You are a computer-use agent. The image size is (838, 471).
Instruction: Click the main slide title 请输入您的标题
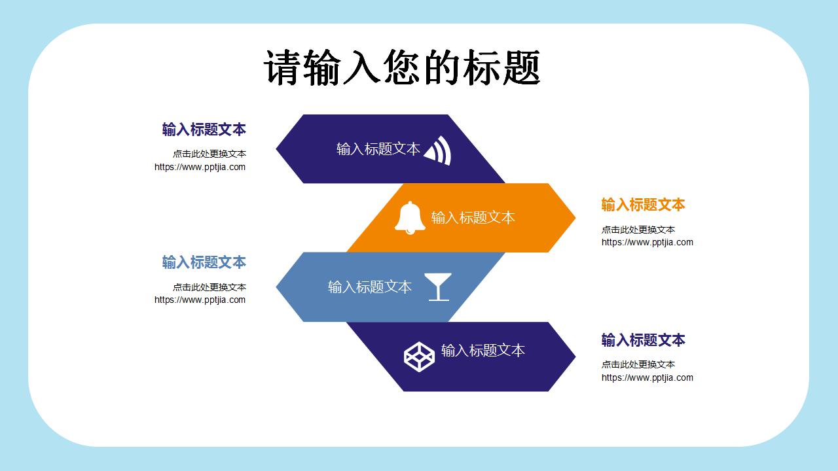pos(402,67)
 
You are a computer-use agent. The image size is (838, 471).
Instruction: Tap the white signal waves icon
pos(438,150)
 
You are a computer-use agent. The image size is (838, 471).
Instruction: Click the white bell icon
pos(410,217)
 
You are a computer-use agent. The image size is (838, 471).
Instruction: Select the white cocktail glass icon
pos(438,287)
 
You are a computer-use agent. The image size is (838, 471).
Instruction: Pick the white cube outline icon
pos(419,357)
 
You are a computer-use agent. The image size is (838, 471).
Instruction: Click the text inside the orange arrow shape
pos(473,218)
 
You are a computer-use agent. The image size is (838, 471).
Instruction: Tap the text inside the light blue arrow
pos(369,287)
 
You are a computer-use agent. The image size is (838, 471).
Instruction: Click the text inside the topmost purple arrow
pos(378,149)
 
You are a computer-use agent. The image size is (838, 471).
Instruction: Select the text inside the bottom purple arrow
pos(483,351)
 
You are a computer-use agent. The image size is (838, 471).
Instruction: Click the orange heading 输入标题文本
pos(643,205)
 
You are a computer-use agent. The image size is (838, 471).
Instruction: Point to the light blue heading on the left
pos(204,262)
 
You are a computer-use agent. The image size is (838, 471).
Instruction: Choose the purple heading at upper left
pos(204,130)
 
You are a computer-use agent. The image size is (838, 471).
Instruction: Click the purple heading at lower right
pos(643,340)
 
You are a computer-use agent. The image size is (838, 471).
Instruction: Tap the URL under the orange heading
pos(647,243)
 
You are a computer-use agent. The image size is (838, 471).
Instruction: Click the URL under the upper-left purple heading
pos(200,167)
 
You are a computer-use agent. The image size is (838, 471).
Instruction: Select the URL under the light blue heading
pos(200,300)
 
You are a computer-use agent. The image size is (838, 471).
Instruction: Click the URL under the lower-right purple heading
pos(647,377)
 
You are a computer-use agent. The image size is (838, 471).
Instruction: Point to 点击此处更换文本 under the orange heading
pos(638,230)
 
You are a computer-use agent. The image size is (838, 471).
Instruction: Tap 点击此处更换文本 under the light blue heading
pos(209,287)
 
